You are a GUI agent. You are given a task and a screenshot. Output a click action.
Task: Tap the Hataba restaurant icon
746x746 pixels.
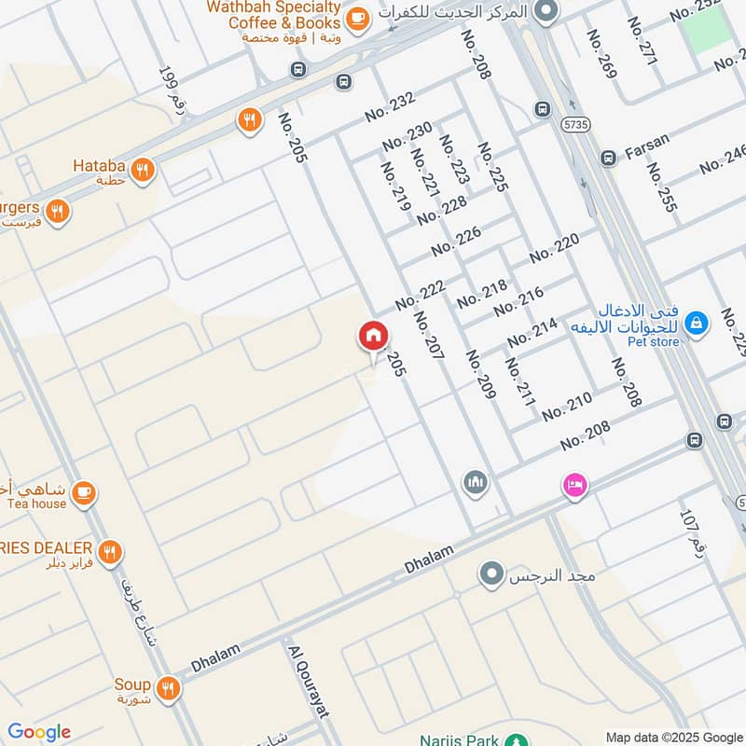143,170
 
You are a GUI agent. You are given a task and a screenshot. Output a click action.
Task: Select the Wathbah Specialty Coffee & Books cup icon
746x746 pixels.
356,17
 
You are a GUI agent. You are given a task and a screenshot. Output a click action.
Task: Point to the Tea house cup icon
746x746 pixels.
84,491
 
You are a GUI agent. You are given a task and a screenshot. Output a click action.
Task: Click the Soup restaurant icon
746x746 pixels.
168,688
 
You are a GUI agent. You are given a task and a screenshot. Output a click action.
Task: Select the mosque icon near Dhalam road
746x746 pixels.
476,483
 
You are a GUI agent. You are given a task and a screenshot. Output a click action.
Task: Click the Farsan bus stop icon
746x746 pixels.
608,159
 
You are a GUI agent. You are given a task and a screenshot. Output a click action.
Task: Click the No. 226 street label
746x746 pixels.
456,242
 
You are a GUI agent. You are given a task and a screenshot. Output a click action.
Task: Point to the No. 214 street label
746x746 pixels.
532,332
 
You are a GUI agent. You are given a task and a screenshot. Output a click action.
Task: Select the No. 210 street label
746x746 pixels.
567,408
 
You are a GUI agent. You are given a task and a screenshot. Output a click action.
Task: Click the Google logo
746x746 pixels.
39,732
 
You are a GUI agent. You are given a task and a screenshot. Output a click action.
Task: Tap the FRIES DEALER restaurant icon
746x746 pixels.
110,553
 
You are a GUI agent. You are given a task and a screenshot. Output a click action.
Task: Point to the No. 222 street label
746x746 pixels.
420,296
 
